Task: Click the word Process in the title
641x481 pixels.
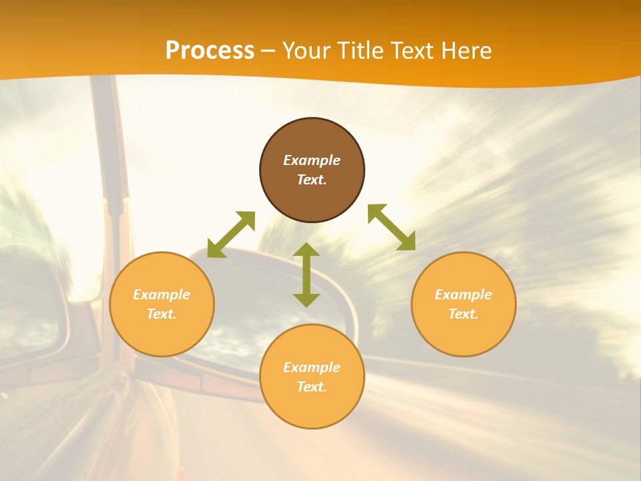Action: coord(210,51)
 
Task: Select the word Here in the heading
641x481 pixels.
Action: coord(467,51)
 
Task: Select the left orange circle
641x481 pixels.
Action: coord(162,334)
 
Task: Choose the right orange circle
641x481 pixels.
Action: coord(463,334)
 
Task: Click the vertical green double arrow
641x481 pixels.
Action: coord(306,275)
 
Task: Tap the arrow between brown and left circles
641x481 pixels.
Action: coord(231,234)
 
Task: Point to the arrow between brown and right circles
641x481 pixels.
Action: coord(391,227)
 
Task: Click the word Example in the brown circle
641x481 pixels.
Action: coord(312,160)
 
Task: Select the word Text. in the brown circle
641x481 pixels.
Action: coord(312,180)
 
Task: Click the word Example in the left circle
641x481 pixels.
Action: coord(162,295)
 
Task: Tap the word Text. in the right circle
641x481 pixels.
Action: coord(463,314)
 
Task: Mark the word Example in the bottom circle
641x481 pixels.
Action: coord(312,367)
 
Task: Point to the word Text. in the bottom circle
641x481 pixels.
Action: coord(312,387)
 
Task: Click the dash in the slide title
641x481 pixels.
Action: coord(268,51)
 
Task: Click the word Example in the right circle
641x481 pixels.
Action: coord(463,295)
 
